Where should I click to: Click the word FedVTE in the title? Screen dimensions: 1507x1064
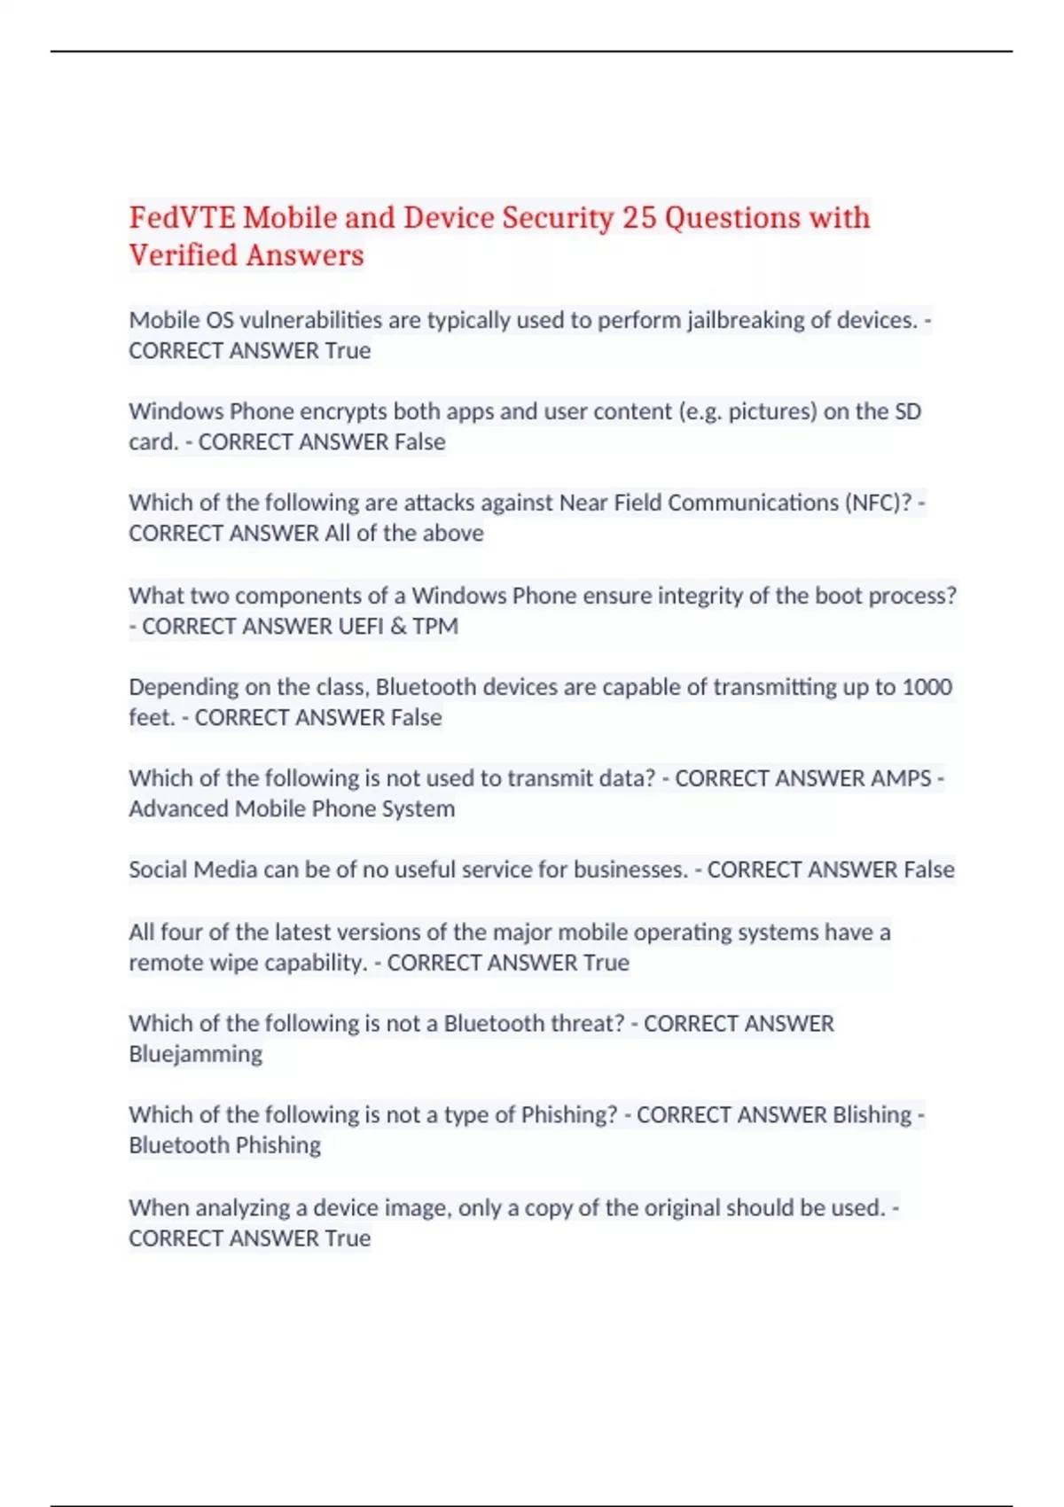coord(182,218)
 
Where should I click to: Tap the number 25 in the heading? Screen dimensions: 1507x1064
coord(638,218)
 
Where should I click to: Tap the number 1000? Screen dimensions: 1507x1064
coord(927,687)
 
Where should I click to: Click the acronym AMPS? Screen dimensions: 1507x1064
coord(901,778)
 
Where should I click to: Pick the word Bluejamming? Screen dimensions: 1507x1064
coord(195,1054)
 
